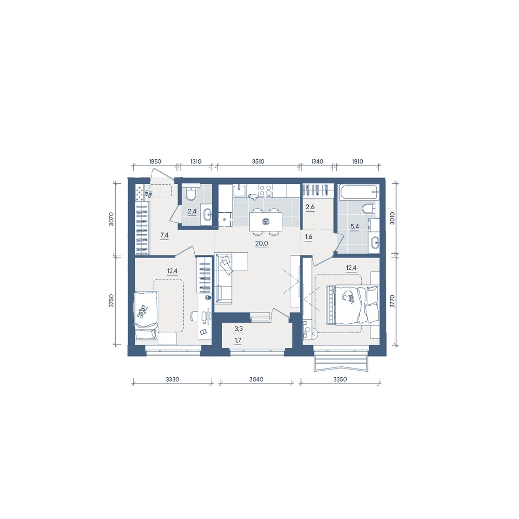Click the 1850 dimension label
[x=155, y=161]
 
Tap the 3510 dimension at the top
[x=258, y=161]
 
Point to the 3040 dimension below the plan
[x=256, y=379]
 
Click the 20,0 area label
[x=262, y=243]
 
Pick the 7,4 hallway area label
[x=164, y=235]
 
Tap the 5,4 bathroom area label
[x=354, y=227]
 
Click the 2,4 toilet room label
[x=192, y=211]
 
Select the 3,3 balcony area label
[x=238, y=329]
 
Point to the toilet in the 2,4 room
[x=191, y=194]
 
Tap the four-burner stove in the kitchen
[x=265, y=190]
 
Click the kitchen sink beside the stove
[x=239, y=190]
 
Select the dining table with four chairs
[x=265, y=222]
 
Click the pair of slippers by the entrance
[x=148, y=194]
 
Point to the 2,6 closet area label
[x=310, y=207]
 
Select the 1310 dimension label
[x=196, y=161]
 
